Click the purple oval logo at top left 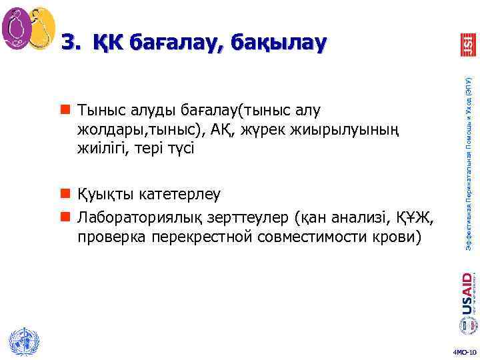(x=17, y=29)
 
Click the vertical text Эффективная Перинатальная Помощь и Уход (x=468, y=163)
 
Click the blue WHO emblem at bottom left (x=22, y=342)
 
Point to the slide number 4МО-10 (x=464, y=351)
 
